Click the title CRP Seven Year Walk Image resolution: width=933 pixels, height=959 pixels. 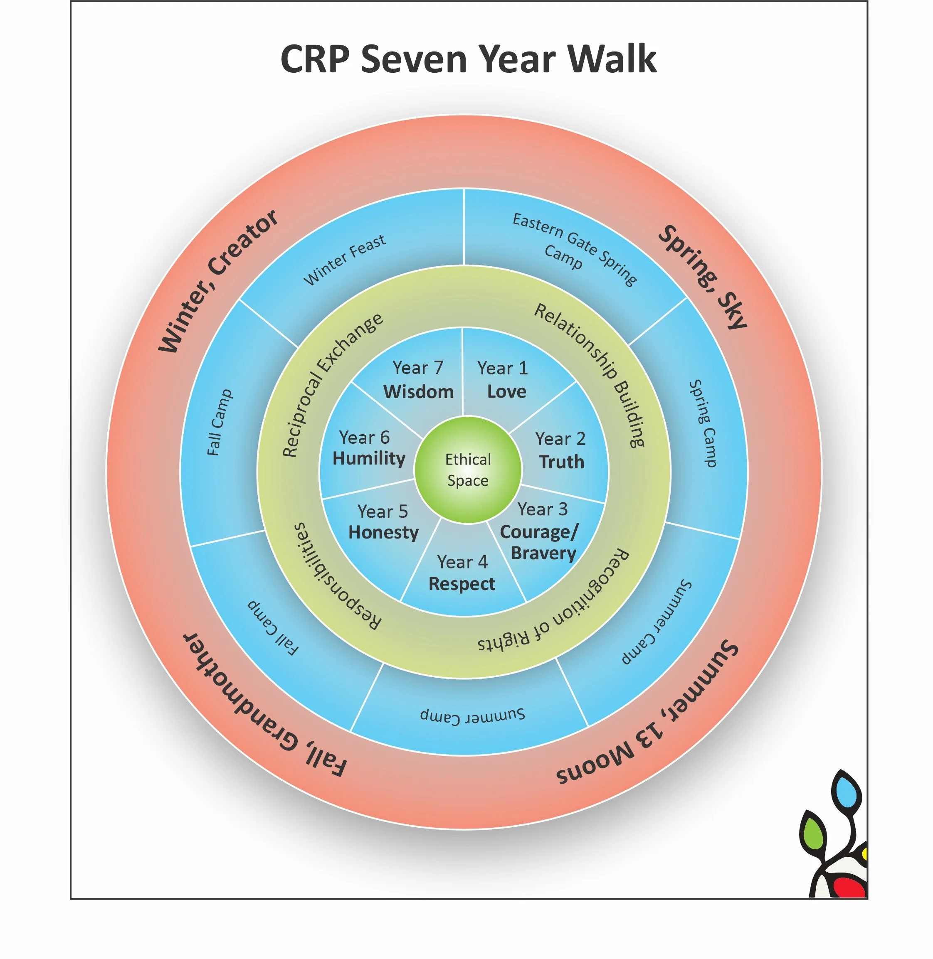[468, 59]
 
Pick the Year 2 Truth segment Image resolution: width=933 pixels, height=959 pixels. [560, 450]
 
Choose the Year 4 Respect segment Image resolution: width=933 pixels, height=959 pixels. [462, 573]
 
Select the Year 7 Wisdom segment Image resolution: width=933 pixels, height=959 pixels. [418, 380]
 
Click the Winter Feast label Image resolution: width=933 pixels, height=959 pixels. [345, 260]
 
